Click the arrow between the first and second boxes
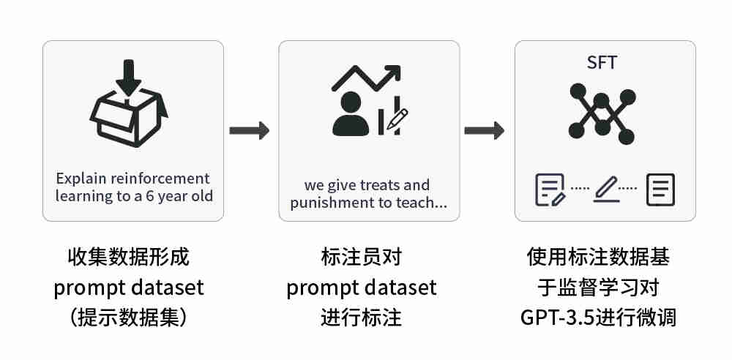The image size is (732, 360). pyautogui.click(x=250, y=131)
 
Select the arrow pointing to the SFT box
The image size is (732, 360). pyautogui.click(x=485, y=131)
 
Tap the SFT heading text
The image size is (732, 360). pyautogui.click(x=602, y=63)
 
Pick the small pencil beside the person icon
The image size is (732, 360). pyautogui.click(x=397, y=119)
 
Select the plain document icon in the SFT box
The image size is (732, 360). pyautogui.click(x=660, y=190)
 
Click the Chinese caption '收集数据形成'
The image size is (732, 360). pyautogui.click(x=129, y=258)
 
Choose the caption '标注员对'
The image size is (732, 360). pyautogui.click(x=362, y=258)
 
